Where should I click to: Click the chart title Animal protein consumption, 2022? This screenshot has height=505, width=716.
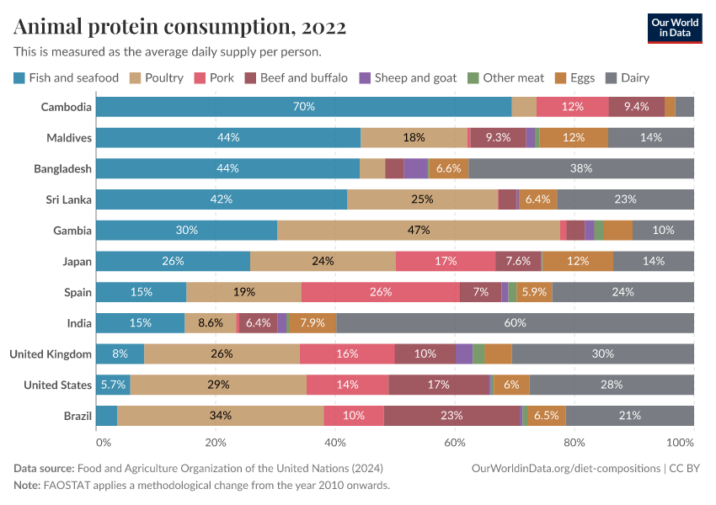pyautogui.click(x=179, y=27)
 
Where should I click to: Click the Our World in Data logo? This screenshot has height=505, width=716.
pyautogui.click(x=675, y=27)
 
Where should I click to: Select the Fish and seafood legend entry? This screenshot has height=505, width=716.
pyautogui.click(x=67, y=78)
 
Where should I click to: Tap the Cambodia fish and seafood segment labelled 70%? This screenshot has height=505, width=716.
pyautogui.click(x=303, y=107)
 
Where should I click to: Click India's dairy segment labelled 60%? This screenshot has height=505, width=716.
pyautogui.click(x=516, y=323)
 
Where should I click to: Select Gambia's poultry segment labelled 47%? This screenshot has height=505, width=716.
pyautogui.click(x=419, y=230)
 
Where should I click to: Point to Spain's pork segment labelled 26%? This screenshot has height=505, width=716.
pyautogui.click(x=381, y=292)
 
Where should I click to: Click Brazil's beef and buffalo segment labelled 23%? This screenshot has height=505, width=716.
pyautogui.click(x=452, y=416)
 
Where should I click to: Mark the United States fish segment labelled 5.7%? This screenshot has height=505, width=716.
pyautogui.click(x=113, y=385)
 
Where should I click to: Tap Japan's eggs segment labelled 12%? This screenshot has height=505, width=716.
pyautogui.click(x=578, y=261)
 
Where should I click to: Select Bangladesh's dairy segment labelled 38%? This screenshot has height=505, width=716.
pyautogui.click(x=581, y=168)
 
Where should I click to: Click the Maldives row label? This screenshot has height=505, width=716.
pyautogui.click(x=69, y=137)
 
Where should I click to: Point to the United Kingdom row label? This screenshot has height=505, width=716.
pyautogui.click(x=51, y=354)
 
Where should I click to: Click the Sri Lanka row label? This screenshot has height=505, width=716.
pyautogui.click(x=69, y=199)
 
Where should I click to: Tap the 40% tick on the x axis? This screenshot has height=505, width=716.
pyautogui.click(x=335, y=443)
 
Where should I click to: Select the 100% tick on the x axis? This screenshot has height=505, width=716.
pyautogui.click(x=679, y=443)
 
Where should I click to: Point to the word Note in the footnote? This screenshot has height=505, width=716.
pyautogui.click(x=26, y=486)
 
